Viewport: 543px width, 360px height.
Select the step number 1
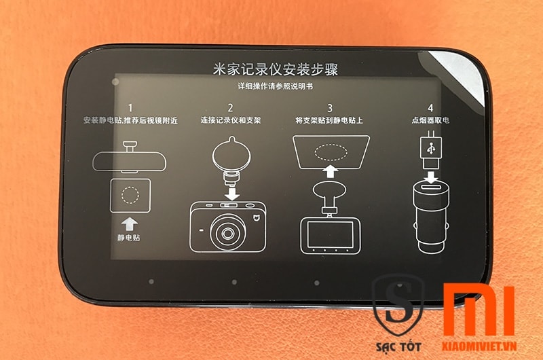130,108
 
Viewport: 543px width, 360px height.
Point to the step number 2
230,108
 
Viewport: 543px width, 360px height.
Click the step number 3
330,108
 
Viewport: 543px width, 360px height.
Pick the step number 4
430,108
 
